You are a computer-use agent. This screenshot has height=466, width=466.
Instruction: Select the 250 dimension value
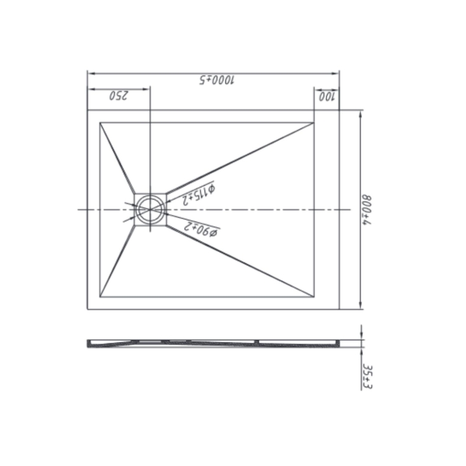point(119,96)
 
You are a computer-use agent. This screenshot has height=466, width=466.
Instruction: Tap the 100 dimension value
point(327,96)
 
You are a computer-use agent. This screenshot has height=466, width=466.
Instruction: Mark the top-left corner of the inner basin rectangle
point(100,122)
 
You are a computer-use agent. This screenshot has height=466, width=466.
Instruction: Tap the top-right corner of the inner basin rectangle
point(314,122)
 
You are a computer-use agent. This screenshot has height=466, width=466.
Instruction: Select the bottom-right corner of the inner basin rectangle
point(314,297)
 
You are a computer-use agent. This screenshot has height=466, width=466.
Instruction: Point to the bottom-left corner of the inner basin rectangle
point(100,297)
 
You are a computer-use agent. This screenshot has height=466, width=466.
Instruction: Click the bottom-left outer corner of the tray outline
point(87,309)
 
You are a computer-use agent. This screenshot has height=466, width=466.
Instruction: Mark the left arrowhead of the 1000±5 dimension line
point(88,72)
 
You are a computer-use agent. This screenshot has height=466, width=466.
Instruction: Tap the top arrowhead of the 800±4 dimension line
point(361,112)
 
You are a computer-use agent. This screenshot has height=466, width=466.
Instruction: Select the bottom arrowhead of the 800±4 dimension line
point(361,308)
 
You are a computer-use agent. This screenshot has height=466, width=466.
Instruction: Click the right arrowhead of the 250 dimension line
point(148,89)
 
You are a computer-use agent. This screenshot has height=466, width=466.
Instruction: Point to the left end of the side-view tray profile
point(87,343)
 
